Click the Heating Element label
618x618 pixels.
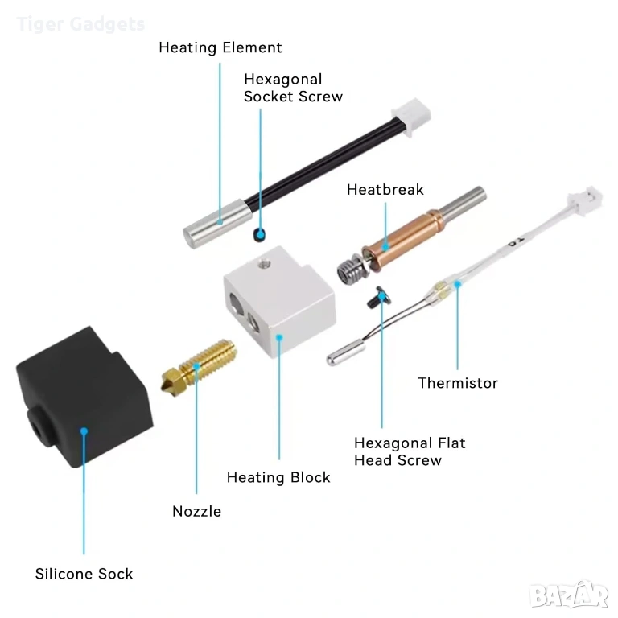point(220,47)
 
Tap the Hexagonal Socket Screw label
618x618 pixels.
point(293,88)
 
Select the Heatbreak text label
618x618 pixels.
point(385,190)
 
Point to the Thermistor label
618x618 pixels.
point(458,383)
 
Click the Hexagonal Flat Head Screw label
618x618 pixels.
point(410,451)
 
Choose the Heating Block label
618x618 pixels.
point(278,477)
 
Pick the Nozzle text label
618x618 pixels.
point(196,511)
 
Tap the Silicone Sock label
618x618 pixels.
point(84,574)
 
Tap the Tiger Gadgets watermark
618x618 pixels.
point(80,24)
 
